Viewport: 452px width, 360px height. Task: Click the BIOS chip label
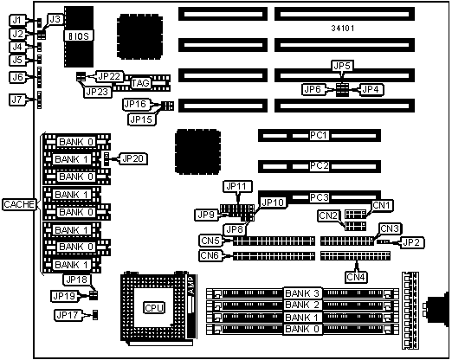(x=79, y=35)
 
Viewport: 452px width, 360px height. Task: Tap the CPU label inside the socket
(x=154, y=307)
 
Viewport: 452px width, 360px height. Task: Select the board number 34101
(x=343, y=29)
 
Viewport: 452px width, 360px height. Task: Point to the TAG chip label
(x=141, y=83)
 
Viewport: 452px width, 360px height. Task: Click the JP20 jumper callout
(x=132, y=158)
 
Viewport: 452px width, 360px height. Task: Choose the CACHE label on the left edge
(x=19, y=204)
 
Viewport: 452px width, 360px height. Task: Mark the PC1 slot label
(x=319, y=135)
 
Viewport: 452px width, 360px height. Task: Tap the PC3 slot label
(x=320, y=197)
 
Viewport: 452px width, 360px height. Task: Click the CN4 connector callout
(x=356, y=277)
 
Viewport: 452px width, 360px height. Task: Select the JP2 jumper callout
(x=411, y=242)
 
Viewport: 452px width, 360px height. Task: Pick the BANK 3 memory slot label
(x=302, y=293)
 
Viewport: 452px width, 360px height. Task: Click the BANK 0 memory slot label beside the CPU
(x=302, y=329)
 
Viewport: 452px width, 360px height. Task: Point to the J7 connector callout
(x=17, y=100)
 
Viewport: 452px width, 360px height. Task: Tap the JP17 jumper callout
(x=68, y=315)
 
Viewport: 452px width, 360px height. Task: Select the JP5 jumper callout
(x=342, y=66)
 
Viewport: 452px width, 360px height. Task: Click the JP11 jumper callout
(x=237, y=186)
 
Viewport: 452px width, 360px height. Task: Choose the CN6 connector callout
(x=210, y=255)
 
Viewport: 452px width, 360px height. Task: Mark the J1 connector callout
(x=17, y=20)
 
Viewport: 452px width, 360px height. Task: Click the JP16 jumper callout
(x=136, y=104)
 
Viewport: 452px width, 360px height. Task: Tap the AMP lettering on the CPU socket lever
(x=191, y=286)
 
